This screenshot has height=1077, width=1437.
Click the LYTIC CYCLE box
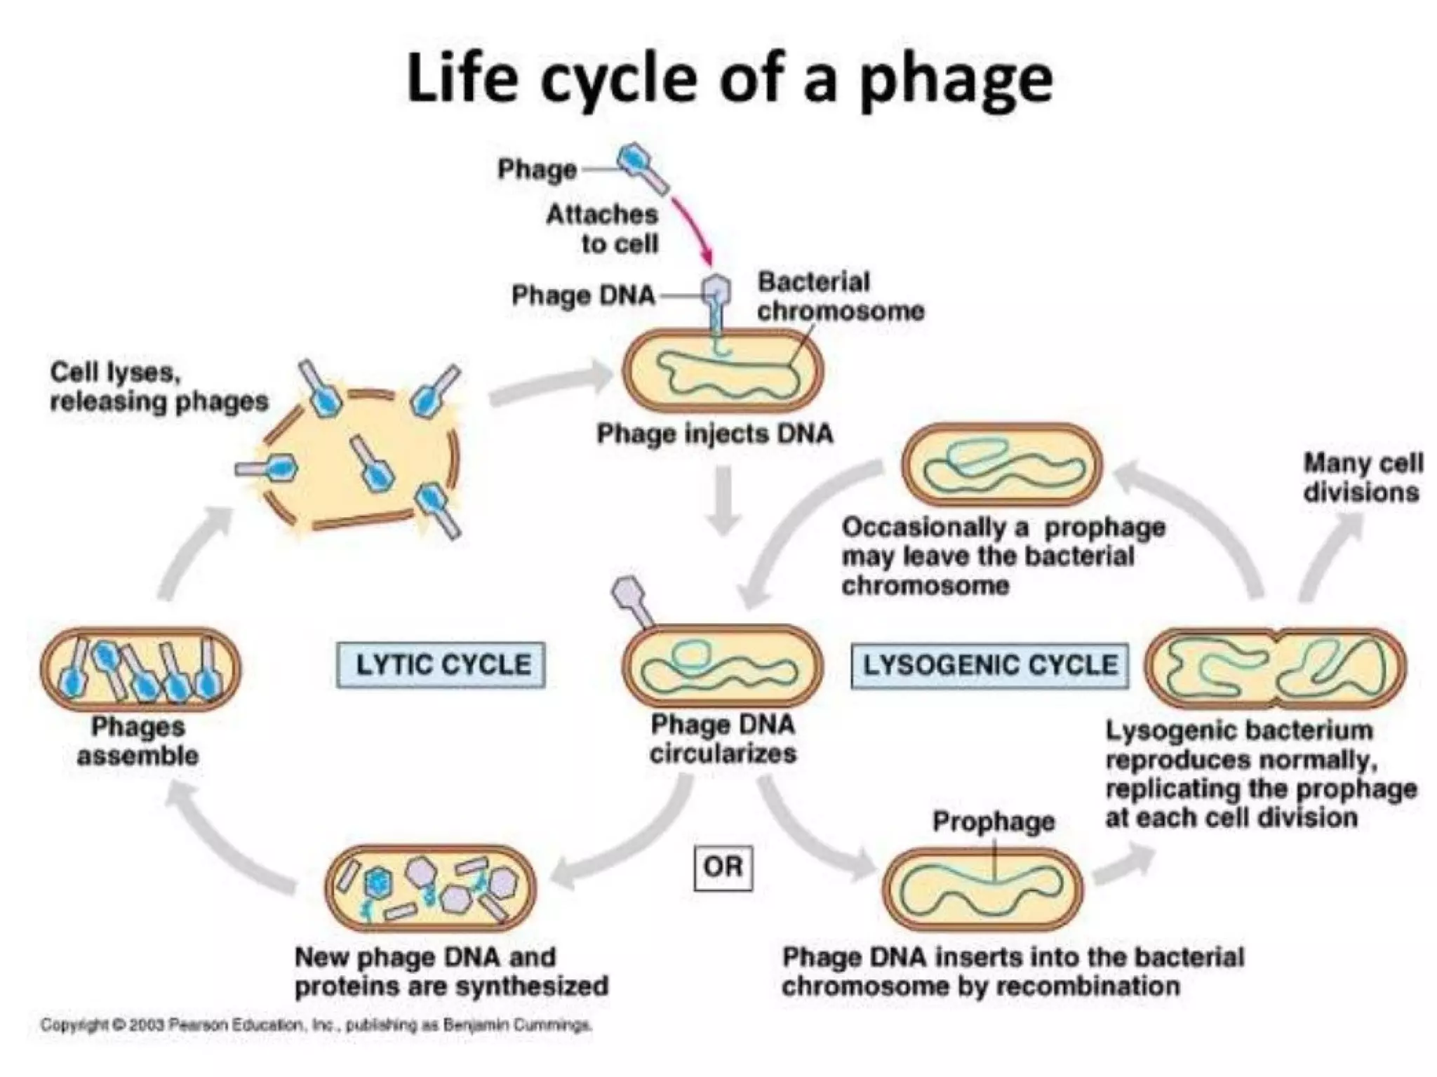point(441,664)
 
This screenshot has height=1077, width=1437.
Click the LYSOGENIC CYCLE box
point(989,664)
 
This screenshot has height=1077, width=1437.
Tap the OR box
point(723,867)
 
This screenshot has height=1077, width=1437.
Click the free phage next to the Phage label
point(641,167)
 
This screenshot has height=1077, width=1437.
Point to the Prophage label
point(993,821)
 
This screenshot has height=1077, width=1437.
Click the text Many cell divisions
point(1361,477)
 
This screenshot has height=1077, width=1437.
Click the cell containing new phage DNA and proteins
point(430,888)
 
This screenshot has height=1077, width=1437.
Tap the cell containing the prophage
point(982,889)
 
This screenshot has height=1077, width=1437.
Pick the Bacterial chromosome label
point(840,296)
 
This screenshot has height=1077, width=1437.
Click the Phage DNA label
point(582,295)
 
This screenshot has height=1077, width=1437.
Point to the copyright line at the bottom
point(316,1025)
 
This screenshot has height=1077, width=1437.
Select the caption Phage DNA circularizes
point(723,738)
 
